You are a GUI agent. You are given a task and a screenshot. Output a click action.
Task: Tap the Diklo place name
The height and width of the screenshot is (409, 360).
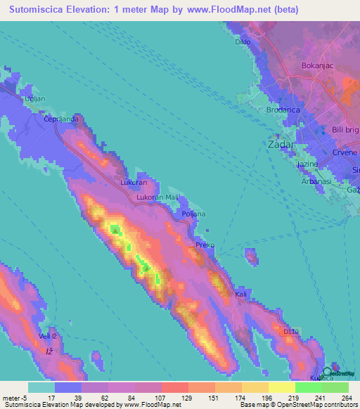243,42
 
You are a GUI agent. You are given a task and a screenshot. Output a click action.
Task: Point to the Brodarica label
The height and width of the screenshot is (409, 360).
284,110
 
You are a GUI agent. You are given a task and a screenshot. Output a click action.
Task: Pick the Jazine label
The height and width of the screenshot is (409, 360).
308,164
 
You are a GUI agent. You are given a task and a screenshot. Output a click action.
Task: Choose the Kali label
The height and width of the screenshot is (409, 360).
242,294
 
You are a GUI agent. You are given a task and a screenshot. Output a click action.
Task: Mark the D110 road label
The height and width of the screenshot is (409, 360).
292,330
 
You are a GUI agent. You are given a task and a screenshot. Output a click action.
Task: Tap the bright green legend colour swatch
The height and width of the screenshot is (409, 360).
308,387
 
